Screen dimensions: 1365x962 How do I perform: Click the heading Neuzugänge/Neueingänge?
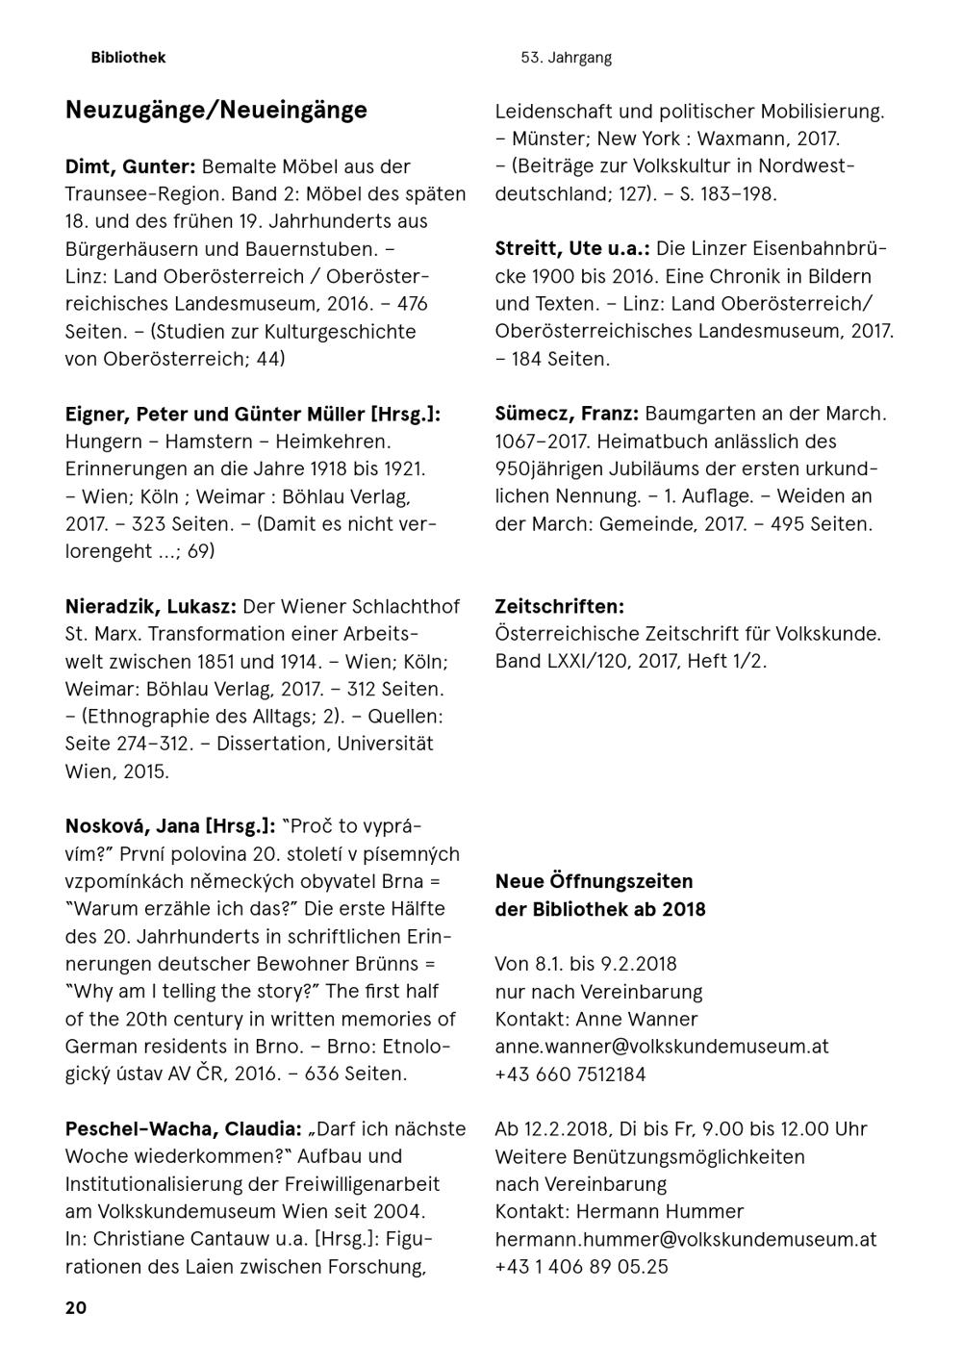[x=215, y=111]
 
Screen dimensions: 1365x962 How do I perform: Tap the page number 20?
[x=76, y=1308]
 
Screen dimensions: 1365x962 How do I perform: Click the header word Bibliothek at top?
[x=128, y=58]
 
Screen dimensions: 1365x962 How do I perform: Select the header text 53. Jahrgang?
[x=566, y=58]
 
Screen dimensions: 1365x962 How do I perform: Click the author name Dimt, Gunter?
[x=131, y=166]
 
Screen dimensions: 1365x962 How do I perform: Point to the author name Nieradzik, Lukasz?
[x=151, y=607]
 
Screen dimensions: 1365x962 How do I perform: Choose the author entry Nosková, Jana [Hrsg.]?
[x=170, y=826]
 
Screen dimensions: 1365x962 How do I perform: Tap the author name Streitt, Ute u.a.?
[x=571, y=249]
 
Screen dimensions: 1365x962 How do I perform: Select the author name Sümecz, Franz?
[x=567, y=415]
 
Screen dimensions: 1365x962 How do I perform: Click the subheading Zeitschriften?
[x=559, y=607]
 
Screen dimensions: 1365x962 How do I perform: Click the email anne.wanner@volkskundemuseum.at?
[x=662, y=1047]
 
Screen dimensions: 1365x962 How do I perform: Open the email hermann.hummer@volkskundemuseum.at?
[x=686, y=1240]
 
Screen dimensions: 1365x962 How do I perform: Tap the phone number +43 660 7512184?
[x=570, y=1074]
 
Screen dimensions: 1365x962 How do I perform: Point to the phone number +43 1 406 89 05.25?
[x=581, y=1267]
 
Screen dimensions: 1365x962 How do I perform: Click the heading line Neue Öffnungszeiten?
[x=594, y=881]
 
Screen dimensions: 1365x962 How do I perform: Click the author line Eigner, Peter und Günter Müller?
[x=252, y=415]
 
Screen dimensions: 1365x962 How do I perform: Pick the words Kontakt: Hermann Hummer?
[x=620, y=1212]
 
